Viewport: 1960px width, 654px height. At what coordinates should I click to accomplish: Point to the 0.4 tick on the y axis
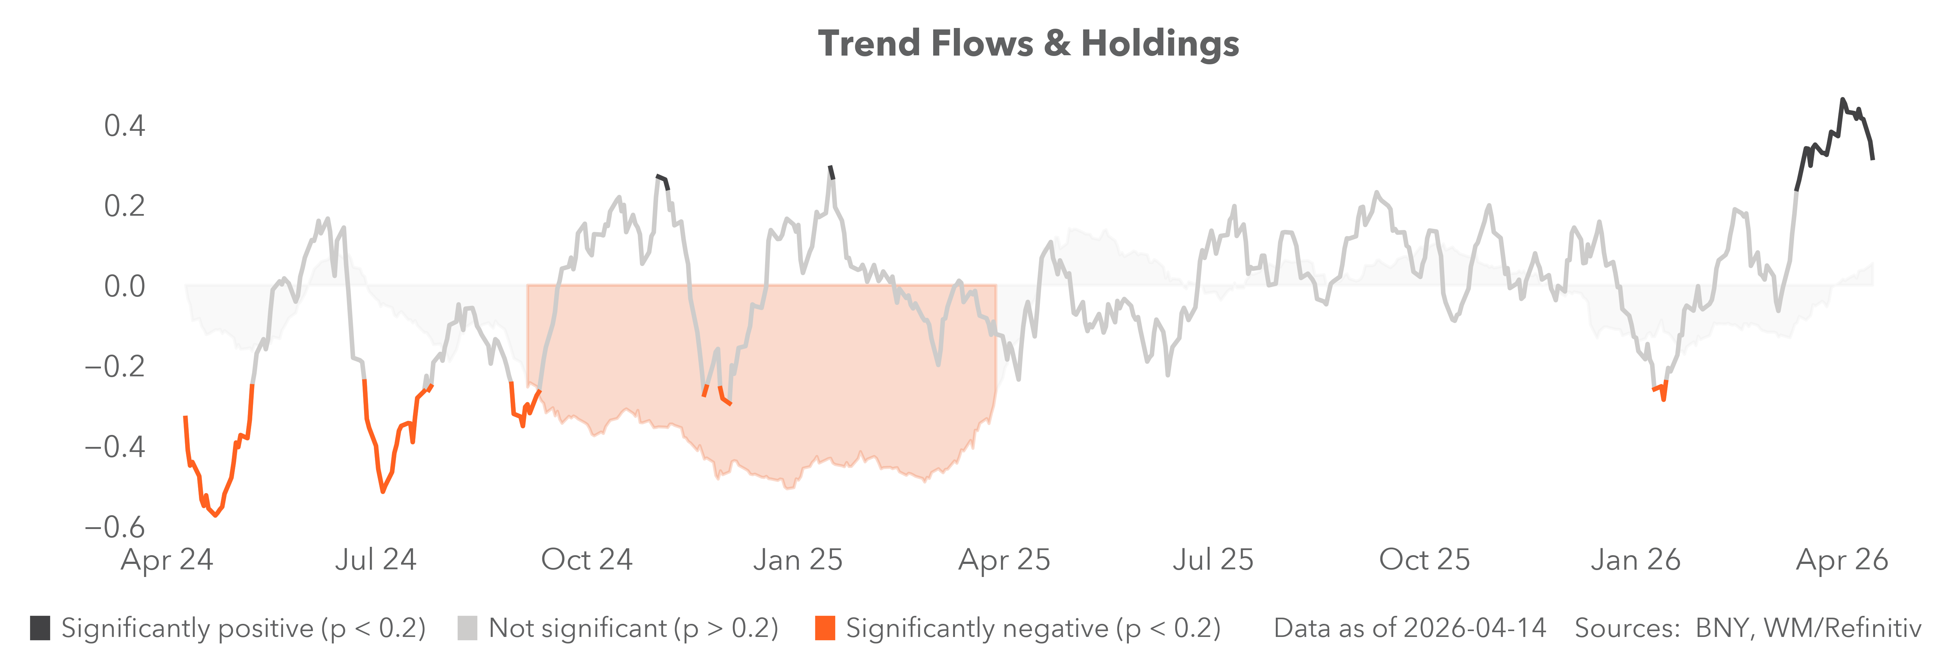click(125, 126)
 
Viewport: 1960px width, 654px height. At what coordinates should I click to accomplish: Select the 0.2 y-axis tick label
click(125, 206)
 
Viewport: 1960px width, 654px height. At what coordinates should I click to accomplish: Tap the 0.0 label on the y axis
click(125, 286)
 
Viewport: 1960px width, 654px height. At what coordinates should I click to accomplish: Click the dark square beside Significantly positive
click(40, 628)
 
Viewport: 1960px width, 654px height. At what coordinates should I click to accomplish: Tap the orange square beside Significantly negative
click(825, 628)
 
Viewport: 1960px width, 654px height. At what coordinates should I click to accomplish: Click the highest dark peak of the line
click(1842, 100)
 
